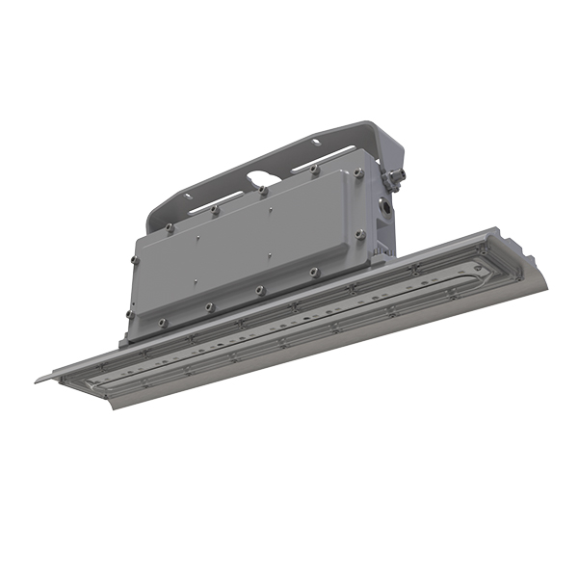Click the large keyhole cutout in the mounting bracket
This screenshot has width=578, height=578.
(x=262, y=179)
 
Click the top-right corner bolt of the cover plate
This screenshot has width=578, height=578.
(x=357, y=173)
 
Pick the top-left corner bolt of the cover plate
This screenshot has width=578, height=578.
(x=170, y=227)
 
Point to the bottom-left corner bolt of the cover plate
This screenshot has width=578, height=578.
(x=162, y=322)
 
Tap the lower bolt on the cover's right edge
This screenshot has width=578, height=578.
(x=361, y=233)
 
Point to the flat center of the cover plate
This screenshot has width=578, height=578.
(x=260, y=246)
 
